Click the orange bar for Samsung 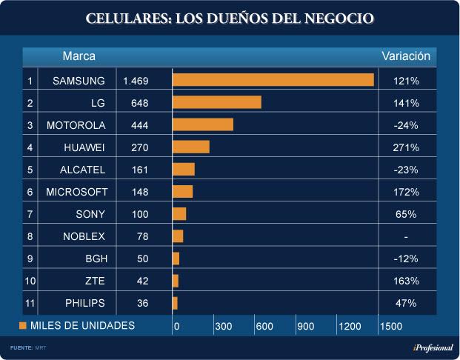[273, 80]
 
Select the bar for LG [216, 102]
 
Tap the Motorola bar [202, 124]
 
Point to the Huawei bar [190, 147]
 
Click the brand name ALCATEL [82, 170]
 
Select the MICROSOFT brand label [77, 192]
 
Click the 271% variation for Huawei [407, 147]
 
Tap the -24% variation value [407, 125]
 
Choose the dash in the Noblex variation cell [407, 236]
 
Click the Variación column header [406, 56]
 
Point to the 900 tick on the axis [306, 326]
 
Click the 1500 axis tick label [390, 326]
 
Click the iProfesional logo [433, 348]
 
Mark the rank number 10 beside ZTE [30, 281]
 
